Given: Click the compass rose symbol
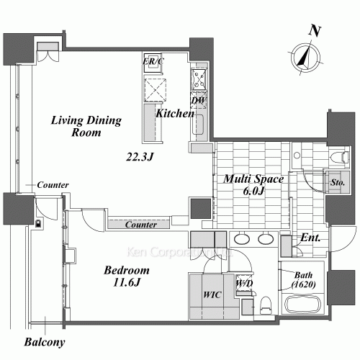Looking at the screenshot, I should tap(305, 57).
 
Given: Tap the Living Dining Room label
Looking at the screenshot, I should tap(86, 127).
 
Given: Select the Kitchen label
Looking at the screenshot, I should tap(175, 114).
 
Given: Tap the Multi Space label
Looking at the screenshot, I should tap(252, 179).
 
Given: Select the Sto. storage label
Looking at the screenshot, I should tap(335, 182).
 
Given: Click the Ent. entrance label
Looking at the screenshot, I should tap(311, 238).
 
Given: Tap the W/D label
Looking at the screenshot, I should tap(243, 282).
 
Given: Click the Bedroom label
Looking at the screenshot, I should tap(126, 271).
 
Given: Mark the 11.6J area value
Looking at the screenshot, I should tap(126, 283).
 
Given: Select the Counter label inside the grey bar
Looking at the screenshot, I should tap(141, 225).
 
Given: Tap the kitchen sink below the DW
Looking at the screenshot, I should tap(199, 124).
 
